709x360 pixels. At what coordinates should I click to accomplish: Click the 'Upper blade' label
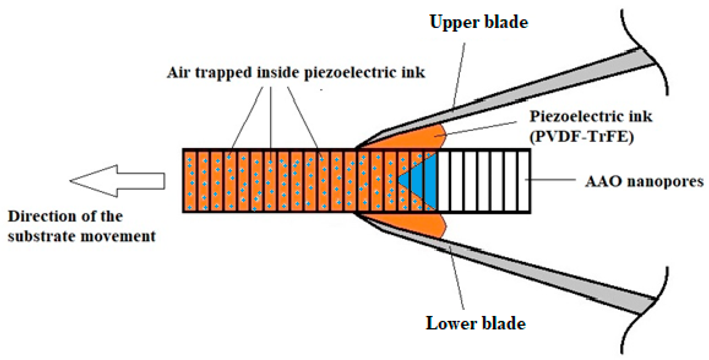tap(479, 22)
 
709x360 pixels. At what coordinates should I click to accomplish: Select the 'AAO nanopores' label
tap(644, 181)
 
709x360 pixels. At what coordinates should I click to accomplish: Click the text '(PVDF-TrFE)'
tap(581, 137)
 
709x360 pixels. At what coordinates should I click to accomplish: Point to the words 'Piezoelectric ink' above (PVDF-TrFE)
tap(591, 116)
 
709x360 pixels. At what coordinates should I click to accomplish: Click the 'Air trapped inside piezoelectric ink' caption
tap(296, 73)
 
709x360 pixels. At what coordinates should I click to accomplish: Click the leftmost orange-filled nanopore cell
tap(190, 181)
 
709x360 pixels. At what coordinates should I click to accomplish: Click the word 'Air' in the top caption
tap(178, 73)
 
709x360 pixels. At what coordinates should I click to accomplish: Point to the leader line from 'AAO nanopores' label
tap(550, 180)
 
